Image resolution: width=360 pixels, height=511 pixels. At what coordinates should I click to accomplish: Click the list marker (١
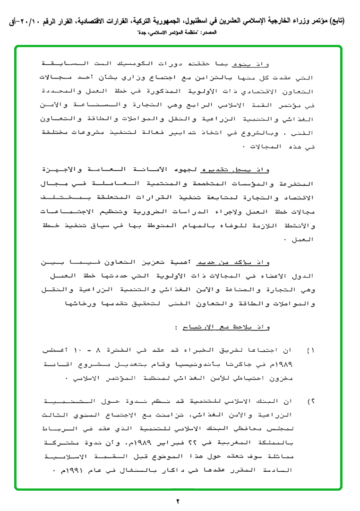point(311,351)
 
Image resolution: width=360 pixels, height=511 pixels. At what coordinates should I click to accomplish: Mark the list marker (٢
point(311,401)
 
